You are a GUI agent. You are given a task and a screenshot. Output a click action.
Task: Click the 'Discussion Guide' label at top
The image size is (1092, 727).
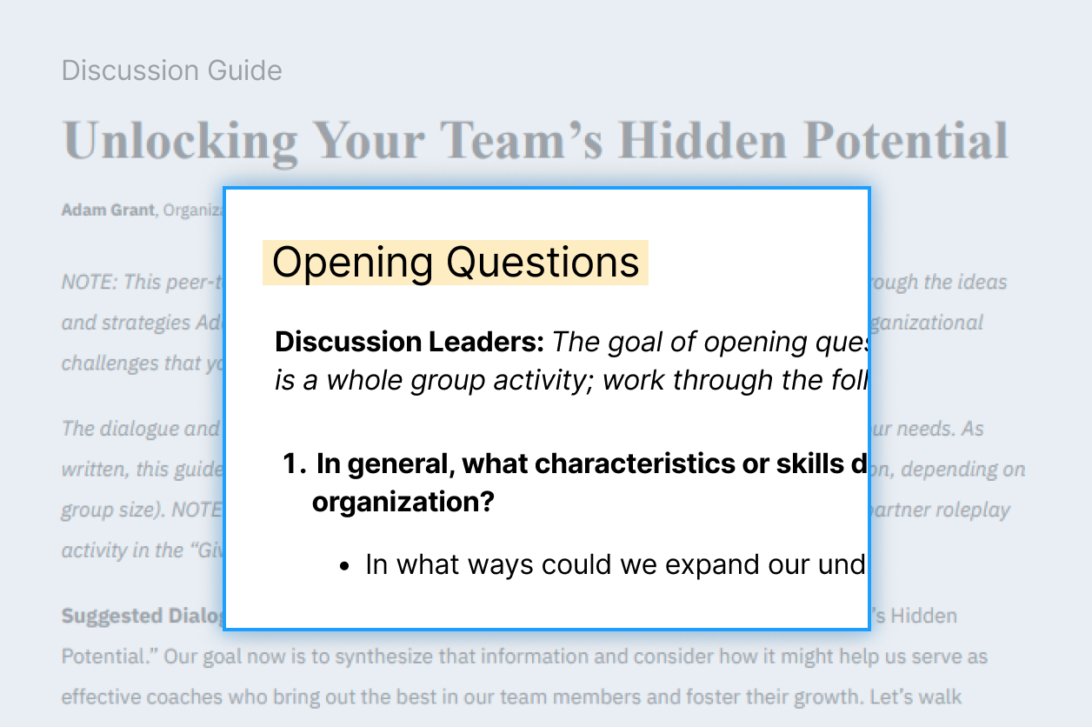pos(171,70)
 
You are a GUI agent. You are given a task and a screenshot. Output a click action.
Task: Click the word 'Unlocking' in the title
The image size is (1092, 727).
pos(180,139)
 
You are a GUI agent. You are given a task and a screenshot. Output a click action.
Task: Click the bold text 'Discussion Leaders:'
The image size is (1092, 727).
pos(409,342)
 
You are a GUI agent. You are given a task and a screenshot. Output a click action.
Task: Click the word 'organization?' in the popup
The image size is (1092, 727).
pos(402,503)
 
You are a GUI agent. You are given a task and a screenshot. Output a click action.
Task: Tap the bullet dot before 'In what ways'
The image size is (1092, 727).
pos(345,566)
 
